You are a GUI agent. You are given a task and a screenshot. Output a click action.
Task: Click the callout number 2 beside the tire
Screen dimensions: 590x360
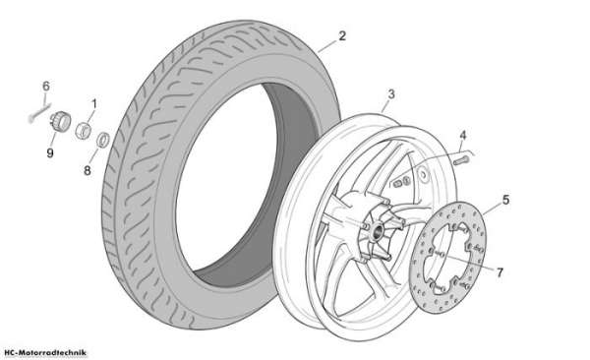coord(342,35)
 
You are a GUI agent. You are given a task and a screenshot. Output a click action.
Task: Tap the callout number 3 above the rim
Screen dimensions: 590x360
coord(391,94)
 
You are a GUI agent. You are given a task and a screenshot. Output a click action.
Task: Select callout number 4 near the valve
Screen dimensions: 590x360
coord(463,136)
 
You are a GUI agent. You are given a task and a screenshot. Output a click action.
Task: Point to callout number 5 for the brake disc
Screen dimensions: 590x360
coord(505,200)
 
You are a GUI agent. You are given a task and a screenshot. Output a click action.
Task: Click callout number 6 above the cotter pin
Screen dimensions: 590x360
coord(46,87)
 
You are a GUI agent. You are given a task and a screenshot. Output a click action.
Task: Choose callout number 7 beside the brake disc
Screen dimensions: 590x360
coord(500,272)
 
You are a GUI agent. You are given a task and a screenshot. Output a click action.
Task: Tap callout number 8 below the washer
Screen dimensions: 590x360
coord(88,170)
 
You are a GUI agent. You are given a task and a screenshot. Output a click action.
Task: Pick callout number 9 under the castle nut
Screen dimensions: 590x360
coord(50,152)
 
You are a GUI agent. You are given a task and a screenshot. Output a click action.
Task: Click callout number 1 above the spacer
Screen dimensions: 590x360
coord(94,103)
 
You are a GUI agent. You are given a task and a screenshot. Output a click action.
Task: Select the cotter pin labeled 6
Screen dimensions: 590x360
coord(38,113)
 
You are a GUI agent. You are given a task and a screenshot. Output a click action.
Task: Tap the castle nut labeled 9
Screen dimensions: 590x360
coord(60,121)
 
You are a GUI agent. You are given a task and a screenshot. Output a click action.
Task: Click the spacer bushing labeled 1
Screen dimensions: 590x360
coord(84,131)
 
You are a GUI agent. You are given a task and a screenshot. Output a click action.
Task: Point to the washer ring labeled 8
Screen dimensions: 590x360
coord(103,140)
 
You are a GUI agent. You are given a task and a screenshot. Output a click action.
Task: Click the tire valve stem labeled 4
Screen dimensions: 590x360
coord(460,160)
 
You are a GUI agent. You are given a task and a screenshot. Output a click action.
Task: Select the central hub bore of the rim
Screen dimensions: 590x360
coord(377,230)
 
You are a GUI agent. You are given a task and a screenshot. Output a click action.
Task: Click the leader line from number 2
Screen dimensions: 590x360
coord(327,46)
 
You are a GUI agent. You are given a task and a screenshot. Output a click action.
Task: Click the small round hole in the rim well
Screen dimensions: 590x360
coord(424,175)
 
